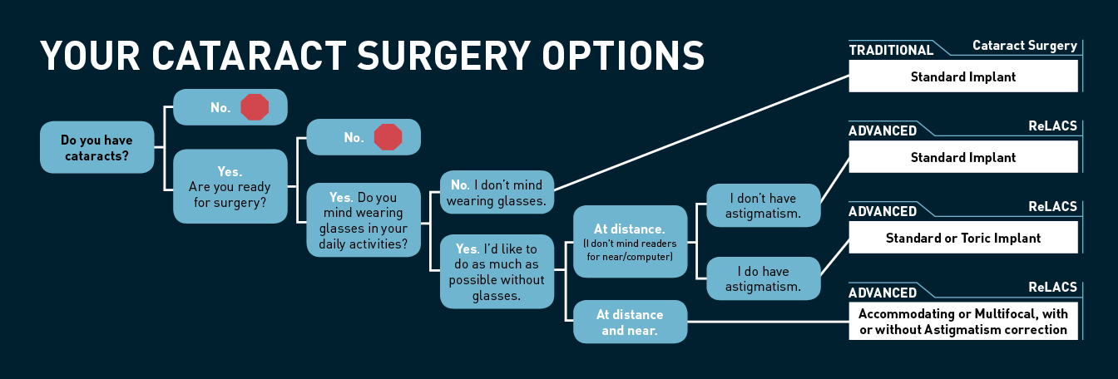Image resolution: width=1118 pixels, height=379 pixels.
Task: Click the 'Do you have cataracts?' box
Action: pyautogui.click(x=96, y=147)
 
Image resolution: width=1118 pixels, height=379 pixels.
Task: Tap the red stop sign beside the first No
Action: pyautogui.click(x=255, y=107)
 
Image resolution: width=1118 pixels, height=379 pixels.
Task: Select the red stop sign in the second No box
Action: pyautogui.click(x=388, y=137)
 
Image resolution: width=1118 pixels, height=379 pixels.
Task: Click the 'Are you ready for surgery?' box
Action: pyautogui.click(x=230, y=186)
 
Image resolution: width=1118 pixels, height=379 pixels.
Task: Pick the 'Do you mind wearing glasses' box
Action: pyautogui.click(x=364, y=220)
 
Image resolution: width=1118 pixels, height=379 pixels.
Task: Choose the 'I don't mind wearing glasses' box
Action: pyautogui.click(x=497, y=192)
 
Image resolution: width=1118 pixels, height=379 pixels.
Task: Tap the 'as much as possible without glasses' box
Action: pyautogui.click(x=497, y=271)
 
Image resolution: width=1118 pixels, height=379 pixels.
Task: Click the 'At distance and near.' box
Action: pyautogui.click(x=630, y=322)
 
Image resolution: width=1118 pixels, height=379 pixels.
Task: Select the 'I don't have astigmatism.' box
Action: pyautogui.click(x=763, y=205)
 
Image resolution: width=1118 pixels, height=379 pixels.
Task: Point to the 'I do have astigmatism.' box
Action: pyautogui.click(x=763, y=278)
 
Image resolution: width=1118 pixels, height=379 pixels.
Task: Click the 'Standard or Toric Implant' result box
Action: pyautogui.click(x=963, y=238)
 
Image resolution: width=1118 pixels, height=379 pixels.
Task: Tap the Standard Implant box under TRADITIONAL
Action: pyautogui.click(x=963, y=76)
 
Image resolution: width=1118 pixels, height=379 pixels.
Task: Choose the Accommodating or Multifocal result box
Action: pyautogui.click(x=963, y=321)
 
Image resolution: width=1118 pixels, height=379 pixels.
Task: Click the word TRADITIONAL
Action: pyautogui.click(x=891, y=51)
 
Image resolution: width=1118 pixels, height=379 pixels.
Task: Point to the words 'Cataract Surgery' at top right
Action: pyautogui.click(x=1025, y=46)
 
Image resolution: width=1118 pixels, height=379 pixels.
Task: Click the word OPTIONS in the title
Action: pyautogui.click(x=623, y=56)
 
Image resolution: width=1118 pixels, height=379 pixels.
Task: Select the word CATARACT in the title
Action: pyautogui.click(x=249, y=56)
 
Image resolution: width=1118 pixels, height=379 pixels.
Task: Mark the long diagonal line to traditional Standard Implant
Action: pyautogui.click(x=701, y=133)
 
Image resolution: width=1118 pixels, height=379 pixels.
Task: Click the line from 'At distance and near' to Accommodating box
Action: pyautogui.click(x=768, y=322)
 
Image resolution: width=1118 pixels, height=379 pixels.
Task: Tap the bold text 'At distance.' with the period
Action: pyautogui.click(x=630, y=229)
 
